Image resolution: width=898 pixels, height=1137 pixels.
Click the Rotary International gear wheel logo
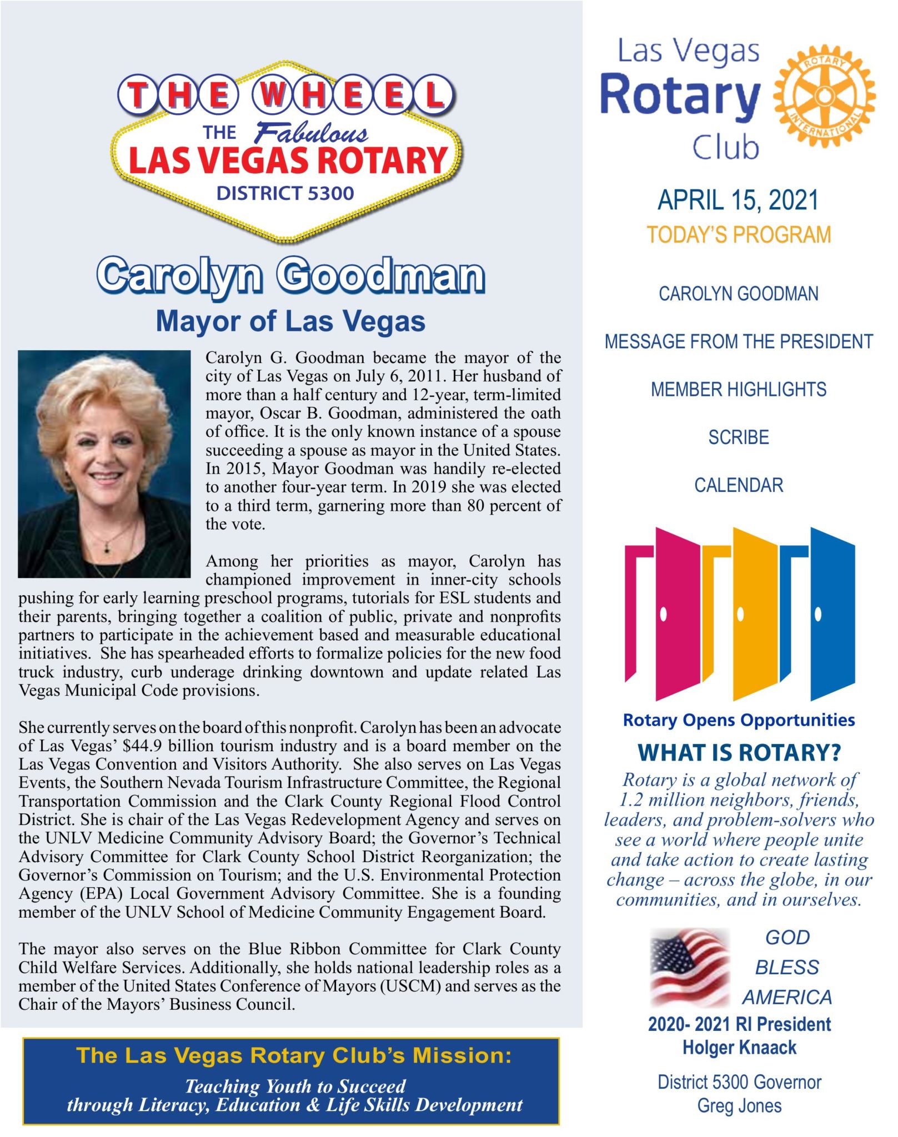coord(824,95)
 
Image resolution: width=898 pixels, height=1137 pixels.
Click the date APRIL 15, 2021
coord(738,200)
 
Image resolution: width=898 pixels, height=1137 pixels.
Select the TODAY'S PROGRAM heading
coord(739,235)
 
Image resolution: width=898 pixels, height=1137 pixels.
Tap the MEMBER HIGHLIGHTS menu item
coord(739,390)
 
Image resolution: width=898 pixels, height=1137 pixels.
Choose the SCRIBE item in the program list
coord(739,437)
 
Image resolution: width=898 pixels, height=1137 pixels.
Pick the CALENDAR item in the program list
coord(739,485)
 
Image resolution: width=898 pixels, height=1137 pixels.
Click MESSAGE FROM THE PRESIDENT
coord(739,341)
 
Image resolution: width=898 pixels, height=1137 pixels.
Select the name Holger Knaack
coord(739,1048)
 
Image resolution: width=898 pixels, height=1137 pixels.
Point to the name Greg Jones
coord(739,1105)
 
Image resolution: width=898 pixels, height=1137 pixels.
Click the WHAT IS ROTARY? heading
coord(739,753)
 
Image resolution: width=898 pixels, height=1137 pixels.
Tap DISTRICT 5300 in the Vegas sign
coord(285,193)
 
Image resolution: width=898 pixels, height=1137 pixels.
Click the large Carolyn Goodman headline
coord(290,276)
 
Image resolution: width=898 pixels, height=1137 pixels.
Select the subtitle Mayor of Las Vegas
coord(290,321)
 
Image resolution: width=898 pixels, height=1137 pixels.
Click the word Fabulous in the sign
coord(311,133)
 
